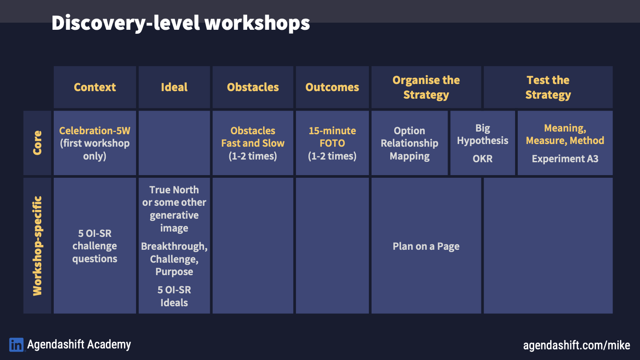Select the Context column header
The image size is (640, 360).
(95, 87)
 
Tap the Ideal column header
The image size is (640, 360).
(174, 87)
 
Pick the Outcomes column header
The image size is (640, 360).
(332, 87)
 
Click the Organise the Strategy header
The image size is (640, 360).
(426, 87)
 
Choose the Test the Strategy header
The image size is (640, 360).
(548, 87)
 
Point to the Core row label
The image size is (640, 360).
(37, 143)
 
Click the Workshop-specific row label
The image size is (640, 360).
(37, 246)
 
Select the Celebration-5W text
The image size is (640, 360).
(95, 131)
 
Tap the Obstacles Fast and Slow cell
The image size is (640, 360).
(253, 143)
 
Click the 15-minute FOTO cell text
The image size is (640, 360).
(332, 143)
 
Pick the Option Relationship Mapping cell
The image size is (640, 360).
(409, 143)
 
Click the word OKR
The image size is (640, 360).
(483, 159)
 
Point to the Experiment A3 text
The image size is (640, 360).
(565, 159)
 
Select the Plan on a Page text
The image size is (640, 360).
(426, 246)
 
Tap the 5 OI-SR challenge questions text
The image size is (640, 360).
(95, 246)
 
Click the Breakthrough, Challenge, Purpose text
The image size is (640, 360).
(174, 259)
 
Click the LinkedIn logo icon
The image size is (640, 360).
(16, 345)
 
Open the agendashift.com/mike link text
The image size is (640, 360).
(576, 345)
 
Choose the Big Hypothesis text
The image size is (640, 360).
(483, 134)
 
